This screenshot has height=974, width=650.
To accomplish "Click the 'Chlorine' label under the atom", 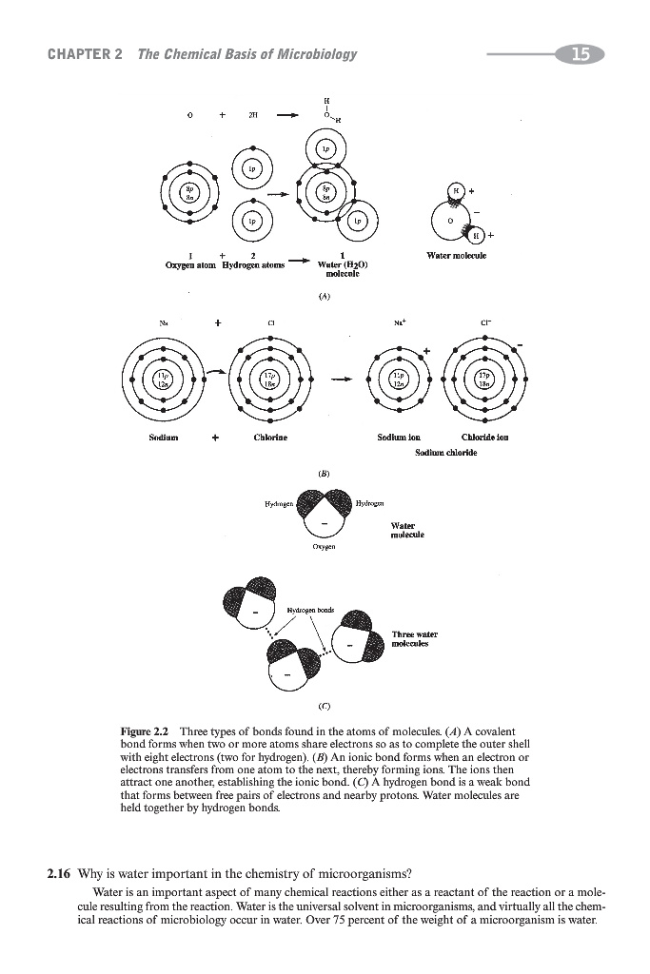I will [x=270, y=438].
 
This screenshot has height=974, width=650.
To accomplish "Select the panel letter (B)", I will [x=325, y=468].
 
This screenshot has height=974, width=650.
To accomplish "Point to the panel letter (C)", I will [x=325, y=706].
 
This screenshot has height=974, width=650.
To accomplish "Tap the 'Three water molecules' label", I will [x=414, y=637].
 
